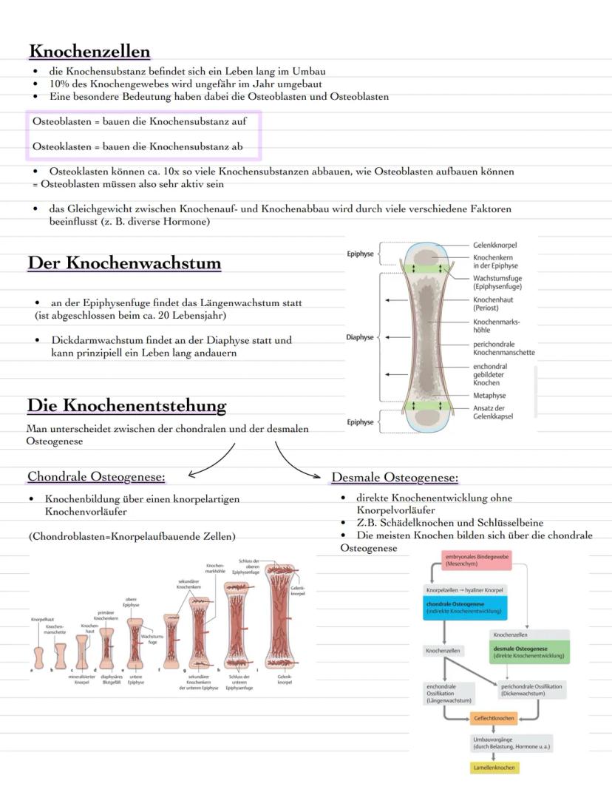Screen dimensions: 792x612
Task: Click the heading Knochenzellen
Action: point(89,51)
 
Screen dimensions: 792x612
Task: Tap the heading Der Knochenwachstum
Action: point(124,263)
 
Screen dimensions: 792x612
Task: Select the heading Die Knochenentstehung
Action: point(126,405)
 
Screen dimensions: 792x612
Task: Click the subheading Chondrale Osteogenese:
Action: point(96,475)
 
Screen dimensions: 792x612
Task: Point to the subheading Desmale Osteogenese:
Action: point(395,477)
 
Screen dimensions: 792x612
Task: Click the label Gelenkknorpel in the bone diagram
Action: point(494,245)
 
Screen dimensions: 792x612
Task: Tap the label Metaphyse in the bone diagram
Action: point(489,396)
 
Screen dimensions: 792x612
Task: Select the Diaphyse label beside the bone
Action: point(360,337)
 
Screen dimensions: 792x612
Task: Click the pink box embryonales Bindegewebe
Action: point(477,559)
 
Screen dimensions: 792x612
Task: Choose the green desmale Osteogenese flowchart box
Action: point(529,651)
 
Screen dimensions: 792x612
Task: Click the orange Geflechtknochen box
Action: point(494,718)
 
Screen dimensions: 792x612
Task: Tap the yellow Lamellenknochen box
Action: point(495,768)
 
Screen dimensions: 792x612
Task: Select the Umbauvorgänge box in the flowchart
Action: point(511,743)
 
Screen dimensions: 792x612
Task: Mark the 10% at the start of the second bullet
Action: point(59,84)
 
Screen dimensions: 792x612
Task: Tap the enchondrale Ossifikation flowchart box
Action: point(449,692)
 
